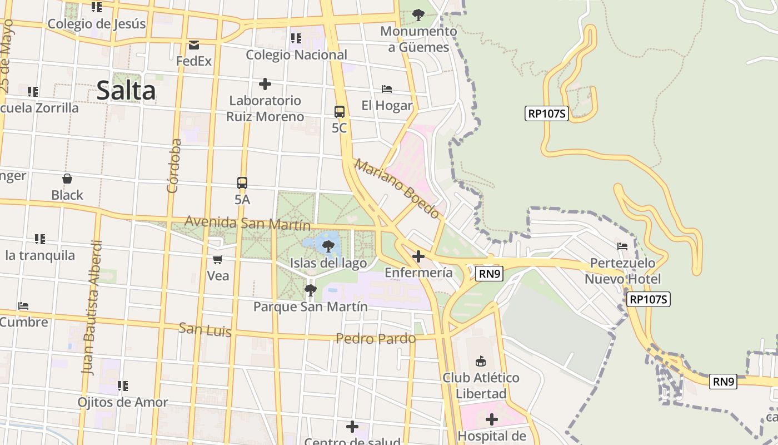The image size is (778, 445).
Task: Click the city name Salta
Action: point(126,91)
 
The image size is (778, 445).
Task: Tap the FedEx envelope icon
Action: point(194,44)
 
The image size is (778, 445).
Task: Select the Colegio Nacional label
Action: point(296,55)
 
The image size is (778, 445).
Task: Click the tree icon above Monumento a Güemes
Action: point(418,14)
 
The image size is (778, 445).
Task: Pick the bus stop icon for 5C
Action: point(339,111)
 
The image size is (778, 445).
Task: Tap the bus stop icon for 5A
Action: point(242,182)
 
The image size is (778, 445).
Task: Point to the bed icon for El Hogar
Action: point(387,89)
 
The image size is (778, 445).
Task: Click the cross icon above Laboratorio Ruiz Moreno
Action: point(265,84)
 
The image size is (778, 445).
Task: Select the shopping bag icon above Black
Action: point(67,179)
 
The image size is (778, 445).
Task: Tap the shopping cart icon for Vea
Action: point(218,259)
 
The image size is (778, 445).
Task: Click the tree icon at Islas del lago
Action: point(328,246)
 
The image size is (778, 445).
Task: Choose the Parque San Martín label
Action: point(311,306)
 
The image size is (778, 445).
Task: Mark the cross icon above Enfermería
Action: point(418,256)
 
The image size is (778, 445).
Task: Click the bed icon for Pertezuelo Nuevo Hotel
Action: point(622,246)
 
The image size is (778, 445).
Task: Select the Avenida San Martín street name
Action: point(247,222)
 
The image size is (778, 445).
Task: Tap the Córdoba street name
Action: point(174,166)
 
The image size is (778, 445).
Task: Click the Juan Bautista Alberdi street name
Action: point(93,307)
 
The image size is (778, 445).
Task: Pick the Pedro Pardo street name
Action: point(376,338)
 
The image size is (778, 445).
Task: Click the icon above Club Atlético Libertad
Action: point(481,362)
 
